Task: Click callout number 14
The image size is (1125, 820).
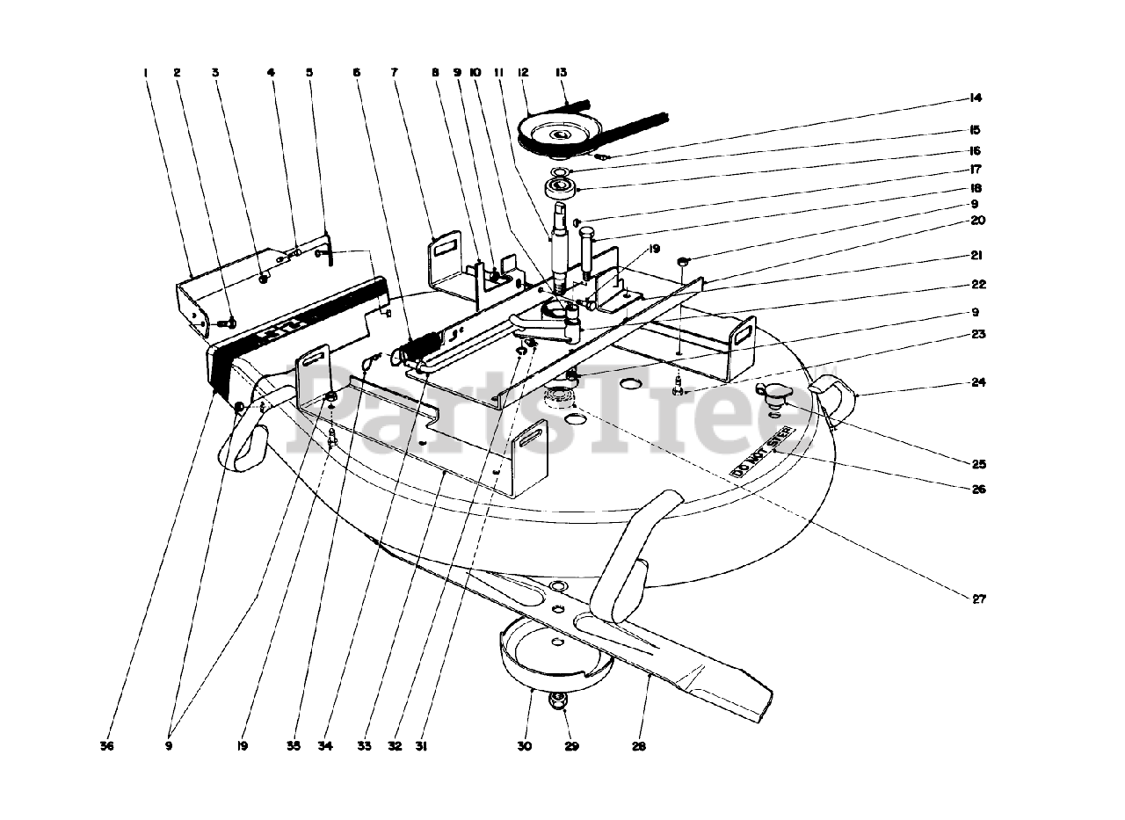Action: pos(976,98)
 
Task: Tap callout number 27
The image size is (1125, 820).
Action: pos(979,599)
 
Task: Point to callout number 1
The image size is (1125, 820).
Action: pos(146,73)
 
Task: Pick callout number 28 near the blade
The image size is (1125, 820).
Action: pos(638,746)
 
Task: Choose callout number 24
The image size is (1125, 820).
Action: pos(977,382)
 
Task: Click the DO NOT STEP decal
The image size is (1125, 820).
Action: pos(762,450)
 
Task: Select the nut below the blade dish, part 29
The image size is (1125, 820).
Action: pos(556,700)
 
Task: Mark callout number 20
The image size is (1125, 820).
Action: pos(977,221)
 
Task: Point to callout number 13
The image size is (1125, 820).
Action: pos(560,73)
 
